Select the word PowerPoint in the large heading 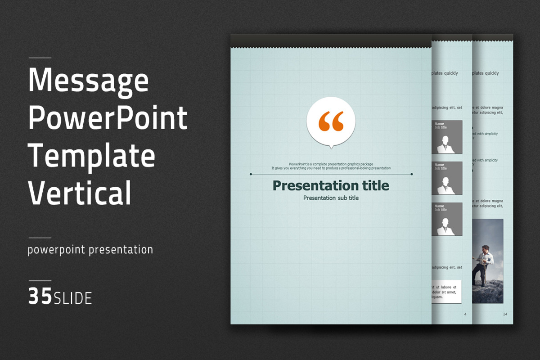pyautogui.click(x=108, y=118)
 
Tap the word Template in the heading pyautogui.click(x=92, y=156)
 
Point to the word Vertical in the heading pyautogui.click(x=80, y=193)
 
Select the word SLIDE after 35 pyautogui.click(x=73, y=298)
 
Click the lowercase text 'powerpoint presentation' pyautogui.click(x=90, y=250)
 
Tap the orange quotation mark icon pyautogui.click(x=331, y=121)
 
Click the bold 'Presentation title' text pyautogui.click(x=331, y=185)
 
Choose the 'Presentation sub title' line pyautogui.click(x=331, y=198)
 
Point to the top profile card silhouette pyautogui.click(x=447, y=143)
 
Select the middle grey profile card pyautogui.click(x=447, y=178)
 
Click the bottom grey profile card pyautogui.click(x=447, y=219)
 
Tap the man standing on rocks pyautogui.click(x=484, y=265)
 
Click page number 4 pyautogui.click(x=465, y=314)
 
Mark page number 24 pyautogui.click(x=505, y=314)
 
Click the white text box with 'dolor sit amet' pyautogui.click(x=445, y=292)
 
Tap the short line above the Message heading pyautogui.click(x=40, y=58)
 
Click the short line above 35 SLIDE pyautogui.click(x=40, y=281)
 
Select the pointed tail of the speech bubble pyautogui.click(x=331, y=146)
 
